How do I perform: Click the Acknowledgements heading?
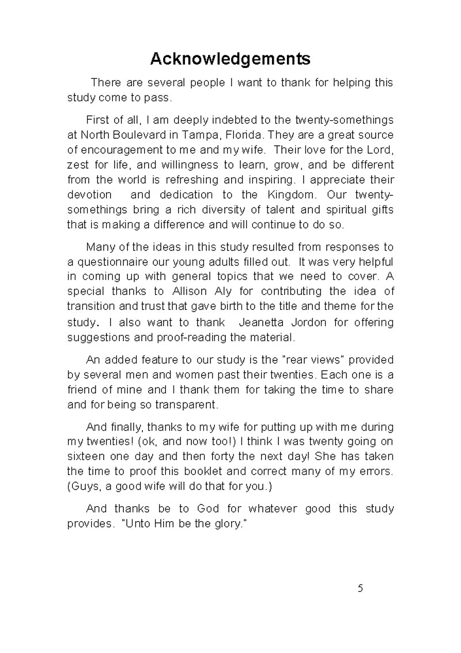[230, 59]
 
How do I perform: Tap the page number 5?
[360, 588]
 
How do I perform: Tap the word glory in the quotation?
[222, 524]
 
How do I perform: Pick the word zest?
[77, 165]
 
